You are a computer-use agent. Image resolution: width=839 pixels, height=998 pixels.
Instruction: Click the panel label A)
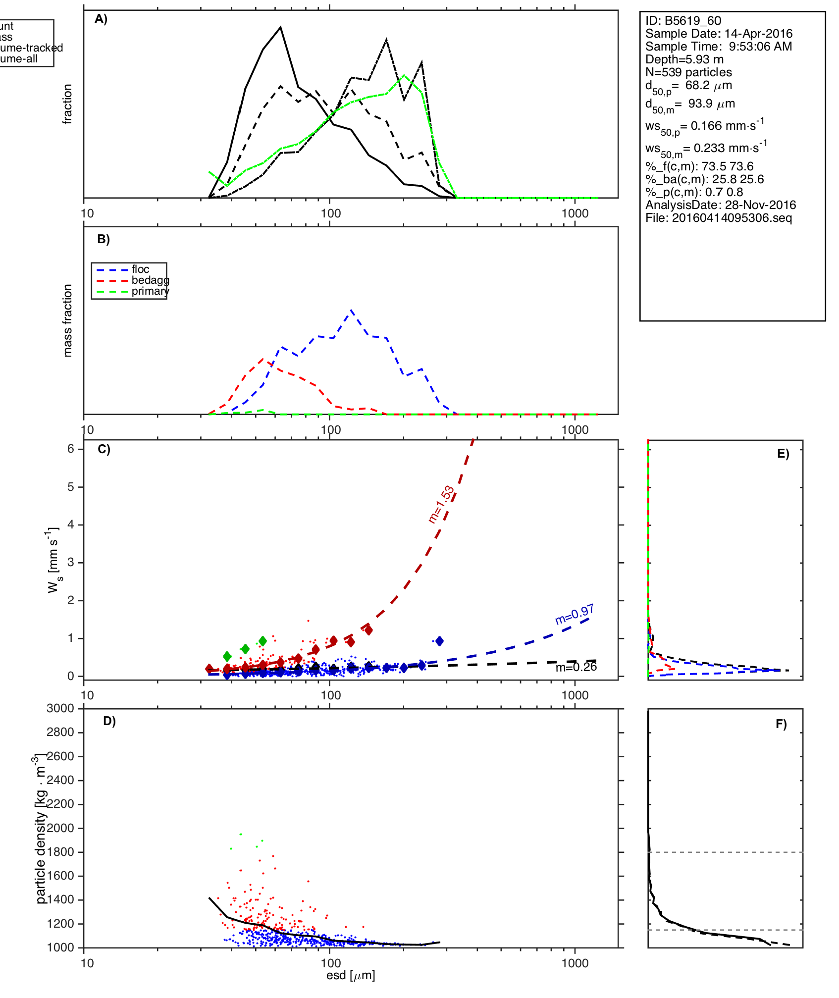[101, 19]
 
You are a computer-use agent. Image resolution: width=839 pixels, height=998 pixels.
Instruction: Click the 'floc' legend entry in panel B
[140, 269]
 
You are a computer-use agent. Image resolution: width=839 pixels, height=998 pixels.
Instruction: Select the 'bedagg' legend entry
[150, 280]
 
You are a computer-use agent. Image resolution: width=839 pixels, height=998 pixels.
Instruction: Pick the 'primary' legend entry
[150, 291]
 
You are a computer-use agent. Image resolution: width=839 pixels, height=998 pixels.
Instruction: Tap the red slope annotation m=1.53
[441, 504]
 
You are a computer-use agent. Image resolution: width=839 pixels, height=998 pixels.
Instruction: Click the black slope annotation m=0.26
[576, 668]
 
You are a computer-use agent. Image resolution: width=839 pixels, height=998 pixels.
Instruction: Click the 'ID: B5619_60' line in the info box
[683, 21]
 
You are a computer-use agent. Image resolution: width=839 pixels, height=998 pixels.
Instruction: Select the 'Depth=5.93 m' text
[684, 59]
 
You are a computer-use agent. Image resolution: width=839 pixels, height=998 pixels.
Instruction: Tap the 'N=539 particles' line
[688, 72]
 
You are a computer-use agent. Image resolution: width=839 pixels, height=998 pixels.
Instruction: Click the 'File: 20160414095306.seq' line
[719, 218]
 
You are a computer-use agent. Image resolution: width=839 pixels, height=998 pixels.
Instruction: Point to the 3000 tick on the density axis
[60, 708]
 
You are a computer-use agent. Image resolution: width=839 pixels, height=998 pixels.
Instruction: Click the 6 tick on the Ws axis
[71, 449]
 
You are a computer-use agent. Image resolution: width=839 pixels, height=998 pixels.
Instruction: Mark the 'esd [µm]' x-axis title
[351, 975]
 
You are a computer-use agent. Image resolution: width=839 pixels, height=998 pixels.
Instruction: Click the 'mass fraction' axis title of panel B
[68, 320]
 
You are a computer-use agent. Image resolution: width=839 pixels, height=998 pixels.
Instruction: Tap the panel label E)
[783, 454]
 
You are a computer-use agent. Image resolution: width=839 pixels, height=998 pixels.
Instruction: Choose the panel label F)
[781, 724]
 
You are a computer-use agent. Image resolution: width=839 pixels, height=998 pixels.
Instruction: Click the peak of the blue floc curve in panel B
[351, 310]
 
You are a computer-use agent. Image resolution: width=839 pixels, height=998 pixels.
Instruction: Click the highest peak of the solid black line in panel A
[281, 27]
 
